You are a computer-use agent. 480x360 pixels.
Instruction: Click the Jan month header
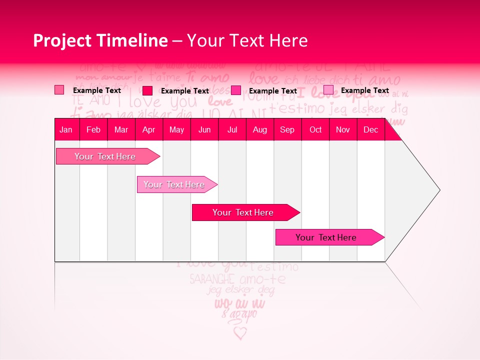pyautogui.click(x=66, y=129)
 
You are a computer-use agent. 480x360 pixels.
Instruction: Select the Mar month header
pyautogui.click(x=121, y=129)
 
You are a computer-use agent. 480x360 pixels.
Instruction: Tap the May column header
pyautogui.click(x=176, y=129)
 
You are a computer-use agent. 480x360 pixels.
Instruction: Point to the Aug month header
pyautogui.click(x=259, y=129)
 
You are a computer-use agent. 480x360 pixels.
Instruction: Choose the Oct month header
pyautogui.click(x=315, y=129)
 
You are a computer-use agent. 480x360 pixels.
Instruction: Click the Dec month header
pyautogui.click(x=370, y=129)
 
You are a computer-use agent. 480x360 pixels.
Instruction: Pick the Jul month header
pyautogui.click(x=232, y=129)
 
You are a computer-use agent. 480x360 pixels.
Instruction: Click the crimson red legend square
pyautogui.click(x=147, y=90)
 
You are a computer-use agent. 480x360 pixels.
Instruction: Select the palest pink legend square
pyautogui.click(x=328, y=90)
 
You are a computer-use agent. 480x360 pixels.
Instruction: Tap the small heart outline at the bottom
pyautogui.click(x=240, y=333)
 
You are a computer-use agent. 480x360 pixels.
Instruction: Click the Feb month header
pyautogui.click(x=93, y=129)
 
